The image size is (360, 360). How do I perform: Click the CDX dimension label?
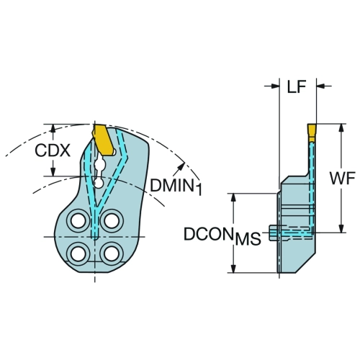point(53,150)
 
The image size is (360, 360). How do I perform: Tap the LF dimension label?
point(297,86)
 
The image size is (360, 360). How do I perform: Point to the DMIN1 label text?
point(176,186)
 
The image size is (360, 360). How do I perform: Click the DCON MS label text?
point(222,235)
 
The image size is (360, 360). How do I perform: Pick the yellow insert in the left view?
point(102,140)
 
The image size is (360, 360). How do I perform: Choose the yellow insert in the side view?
point(312,132)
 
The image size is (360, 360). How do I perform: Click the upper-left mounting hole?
point(78,220)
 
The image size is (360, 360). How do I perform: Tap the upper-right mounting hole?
point(112,220)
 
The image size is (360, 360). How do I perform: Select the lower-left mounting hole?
point(78,253)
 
